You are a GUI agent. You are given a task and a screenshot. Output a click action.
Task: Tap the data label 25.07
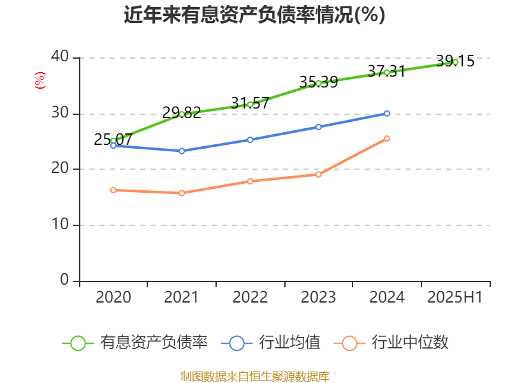point(113,140)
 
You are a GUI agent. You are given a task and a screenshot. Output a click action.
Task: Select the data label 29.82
point(182,113)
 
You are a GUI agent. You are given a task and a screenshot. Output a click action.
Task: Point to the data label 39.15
point(455,61)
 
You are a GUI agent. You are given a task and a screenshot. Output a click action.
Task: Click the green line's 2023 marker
point(319,83)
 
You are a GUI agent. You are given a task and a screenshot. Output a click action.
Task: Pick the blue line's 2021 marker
point(182,151)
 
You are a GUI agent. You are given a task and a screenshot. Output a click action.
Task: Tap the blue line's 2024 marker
point(387,113)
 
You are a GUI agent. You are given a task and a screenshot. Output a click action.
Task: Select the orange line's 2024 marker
point(387,139)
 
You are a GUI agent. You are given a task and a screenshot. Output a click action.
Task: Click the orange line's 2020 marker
point(113,190)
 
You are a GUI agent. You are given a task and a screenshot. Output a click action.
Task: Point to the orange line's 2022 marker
point(250,181)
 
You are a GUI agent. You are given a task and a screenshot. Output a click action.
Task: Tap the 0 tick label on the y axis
point(64,280)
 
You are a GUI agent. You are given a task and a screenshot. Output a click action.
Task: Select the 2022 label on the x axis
point(250,297)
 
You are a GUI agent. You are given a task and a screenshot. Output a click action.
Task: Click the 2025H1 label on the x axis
point(455,297)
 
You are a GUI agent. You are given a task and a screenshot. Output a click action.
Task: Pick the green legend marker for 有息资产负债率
point(78,343)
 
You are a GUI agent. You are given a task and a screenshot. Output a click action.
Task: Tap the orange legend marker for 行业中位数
point(349,343)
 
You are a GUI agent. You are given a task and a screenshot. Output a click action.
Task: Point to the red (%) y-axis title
point(40,80)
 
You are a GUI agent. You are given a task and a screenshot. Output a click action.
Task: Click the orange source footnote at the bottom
point(254,376)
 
